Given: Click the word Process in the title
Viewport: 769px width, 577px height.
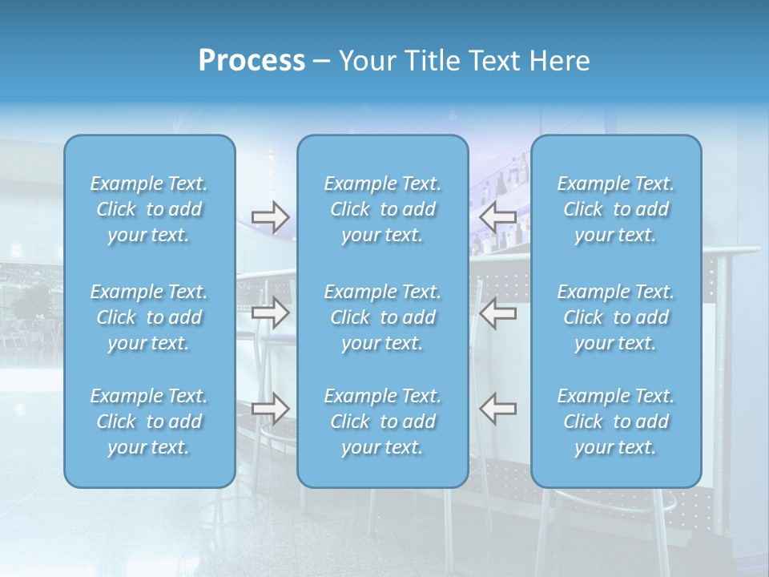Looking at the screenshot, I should click(252, 61).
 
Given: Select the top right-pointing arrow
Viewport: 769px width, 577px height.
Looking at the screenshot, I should click(270, 216).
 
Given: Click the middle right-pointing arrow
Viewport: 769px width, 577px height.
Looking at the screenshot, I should click(270, 313).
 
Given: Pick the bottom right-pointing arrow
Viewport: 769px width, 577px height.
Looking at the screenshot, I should click(270, 409).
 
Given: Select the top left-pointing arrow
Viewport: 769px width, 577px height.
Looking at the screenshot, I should click(497, 216).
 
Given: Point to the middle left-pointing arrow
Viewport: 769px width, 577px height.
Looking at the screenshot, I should click(497, 313).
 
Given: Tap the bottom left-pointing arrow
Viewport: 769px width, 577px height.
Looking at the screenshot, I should click(497, 409).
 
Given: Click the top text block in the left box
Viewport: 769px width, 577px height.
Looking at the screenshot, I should click(149, 209).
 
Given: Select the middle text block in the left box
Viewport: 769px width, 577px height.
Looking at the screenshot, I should click(149, 317).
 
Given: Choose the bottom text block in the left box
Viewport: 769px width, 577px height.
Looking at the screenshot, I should click(149, 422).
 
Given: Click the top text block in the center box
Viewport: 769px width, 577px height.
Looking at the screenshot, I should click(383, 209).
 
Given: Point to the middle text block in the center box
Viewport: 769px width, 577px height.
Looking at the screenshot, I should click(383, 317).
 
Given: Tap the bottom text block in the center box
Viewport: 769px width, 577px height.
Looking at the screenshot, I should click(383, 422).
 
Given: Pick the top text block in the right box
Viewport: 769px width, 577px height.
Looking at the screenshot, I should click(616, 209).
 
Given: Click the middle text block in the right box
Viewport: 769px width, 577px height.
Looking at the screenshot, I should click(616, 317).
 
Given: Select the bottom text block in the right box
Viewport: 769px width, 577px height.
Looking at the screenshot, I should click(616, 422).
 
